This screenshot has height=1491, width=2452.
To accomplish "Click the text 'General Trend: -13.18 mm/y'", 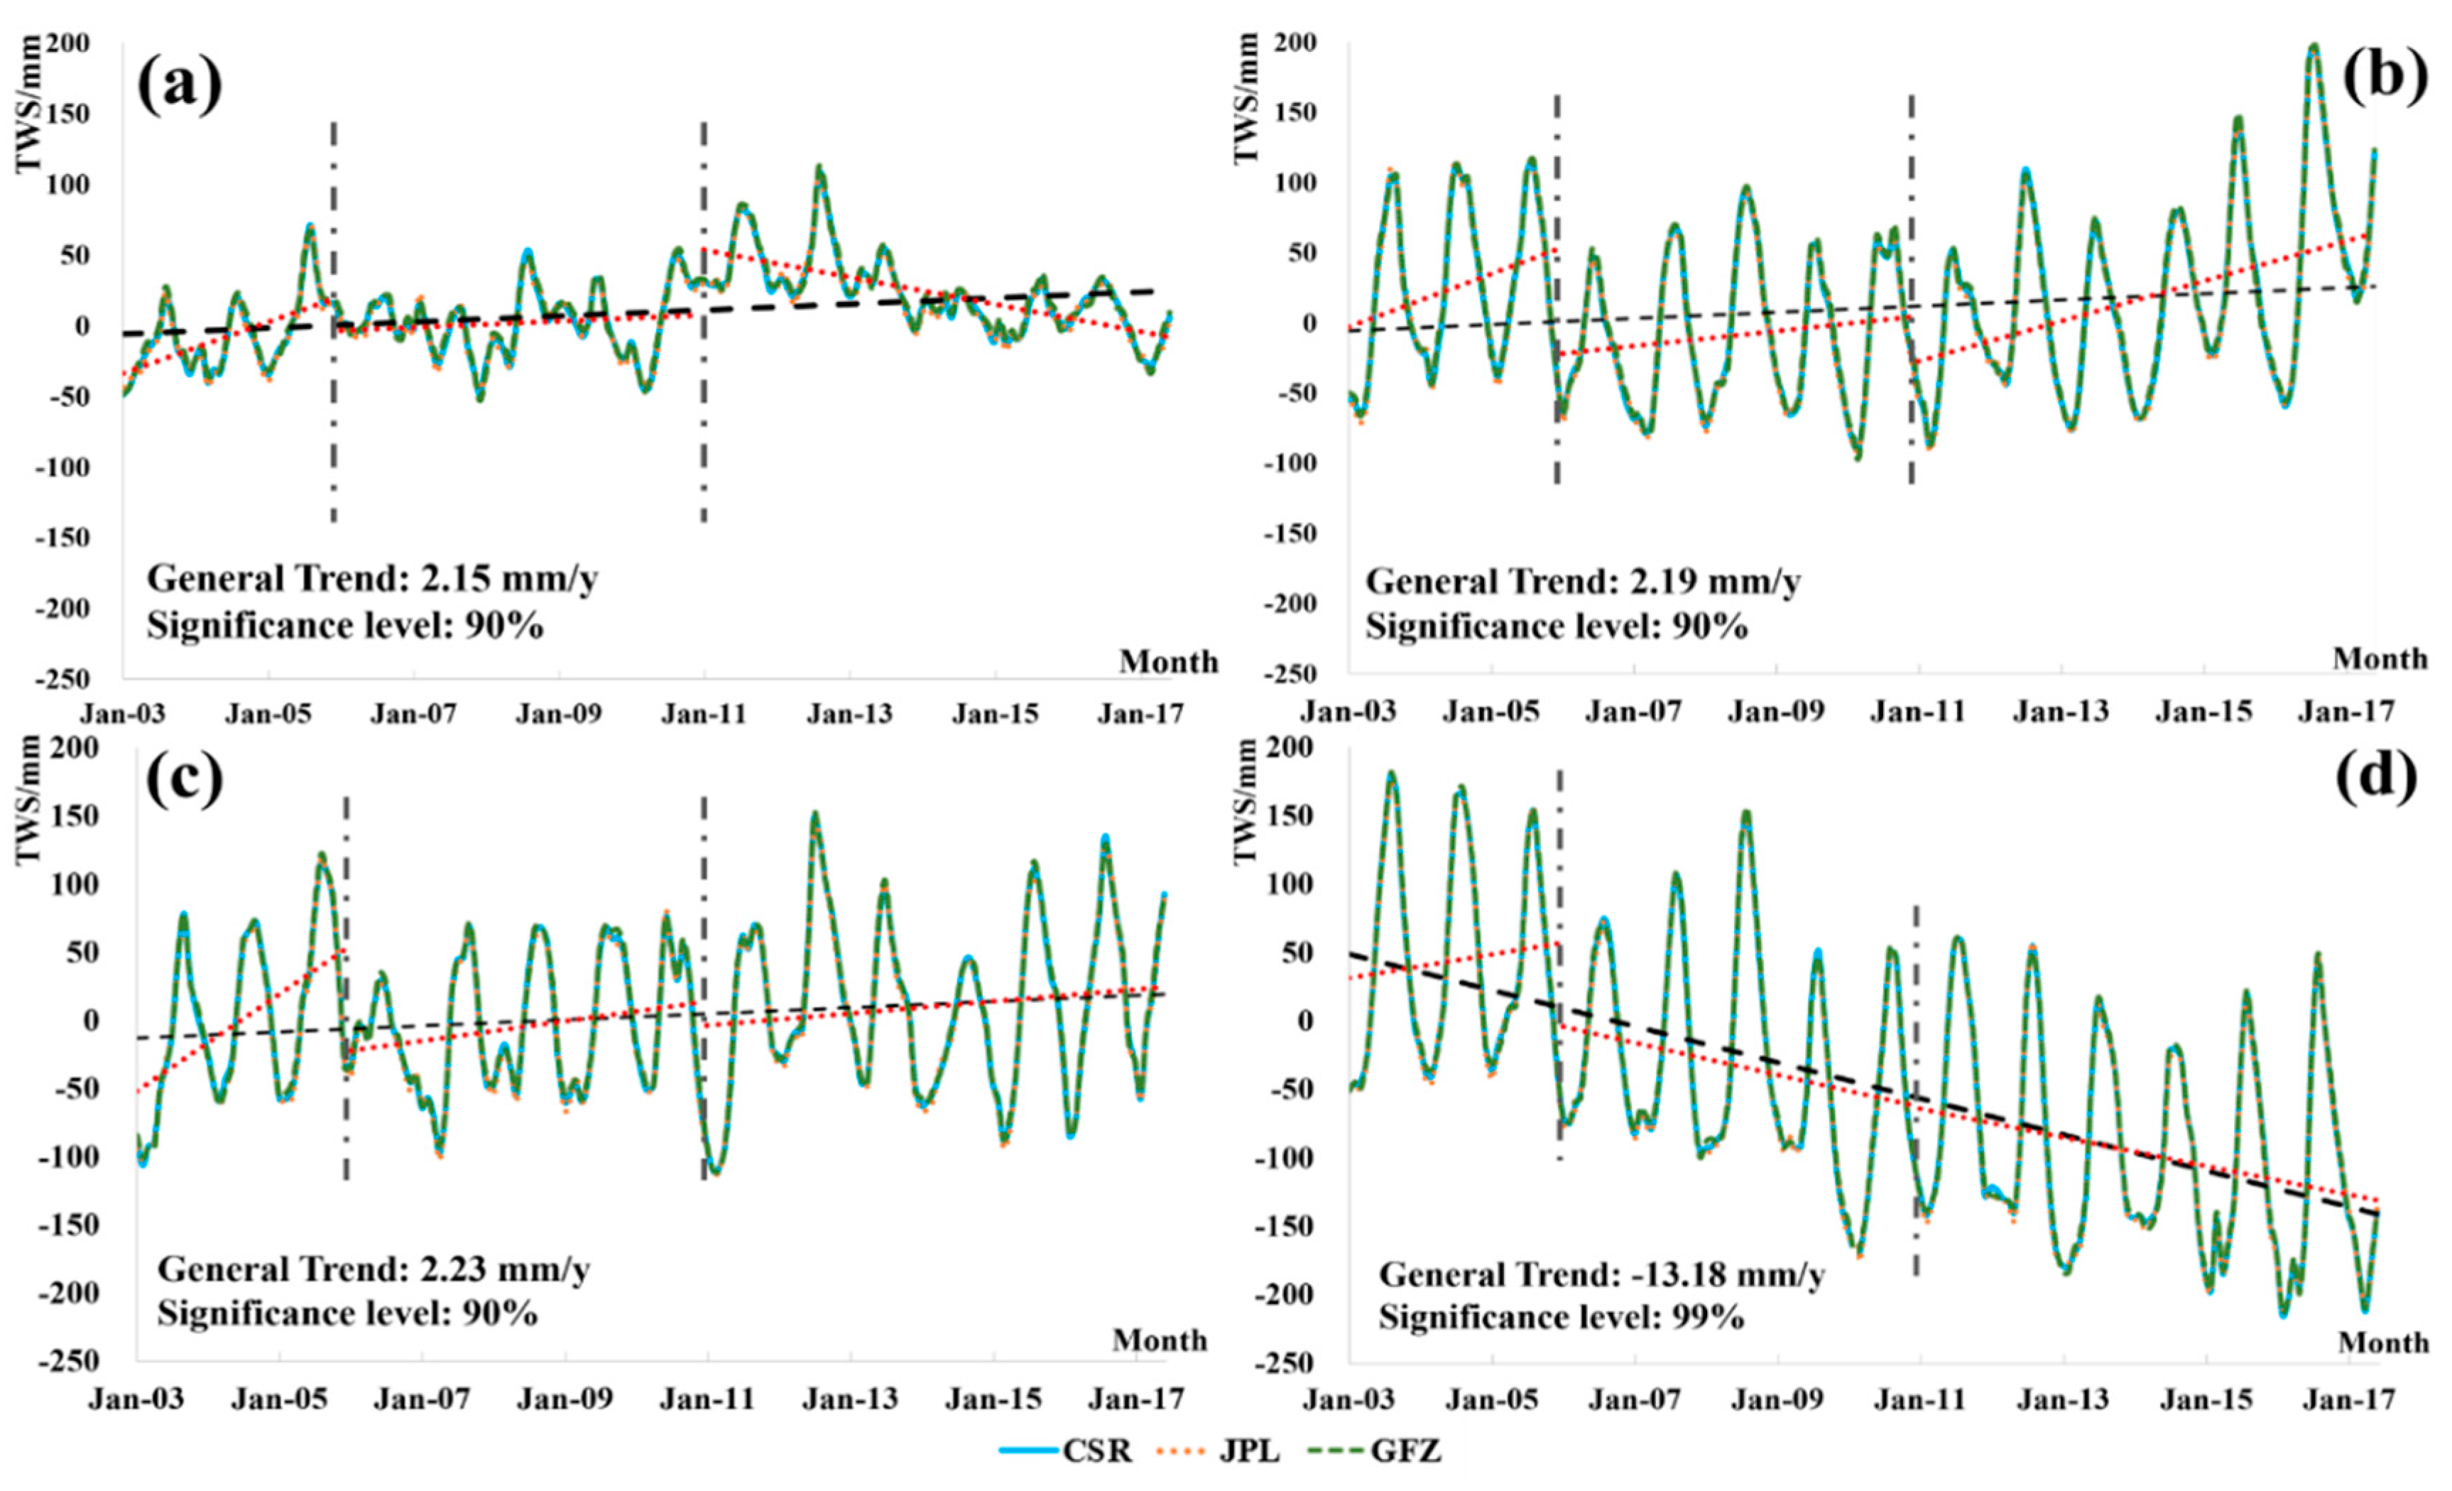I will [x=1601, y=1275].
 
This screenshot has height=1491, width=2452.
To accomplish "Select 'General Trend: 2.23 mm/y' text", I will [x=374, y=1270].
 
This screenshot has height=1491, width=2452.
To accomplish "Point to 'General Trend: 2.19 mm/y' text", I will [x=1582, y=580].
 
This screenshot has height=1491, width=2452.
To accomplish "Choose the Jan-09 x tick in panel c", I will [x=565, y=1399].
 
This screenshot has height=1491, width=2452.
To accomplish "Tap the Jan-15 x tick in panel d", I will [x=2205, y=1399].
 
